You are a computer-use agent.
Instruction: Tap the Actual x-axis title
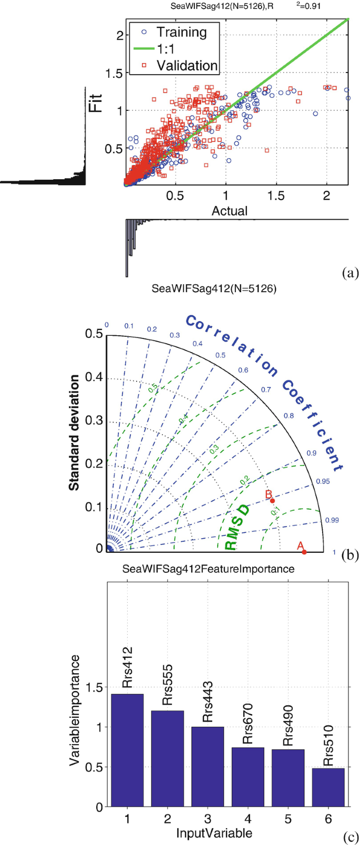[229, 211]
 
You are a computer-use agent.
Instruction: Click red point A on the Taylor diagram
[304, 551]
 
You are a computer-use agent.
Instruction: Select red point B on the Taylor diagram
[272, 500]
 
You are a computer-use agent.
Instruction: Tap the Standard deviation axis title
[75, 433]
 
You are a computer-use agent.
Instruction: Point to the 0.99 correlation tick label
[332, 520]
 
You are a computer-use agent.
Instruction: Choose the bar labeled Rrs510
[328, 787]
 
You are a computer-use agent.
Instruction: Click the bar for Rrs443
[207, 766]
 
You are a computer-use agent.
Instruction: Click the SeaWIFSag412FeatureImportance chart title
[208, 569]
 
